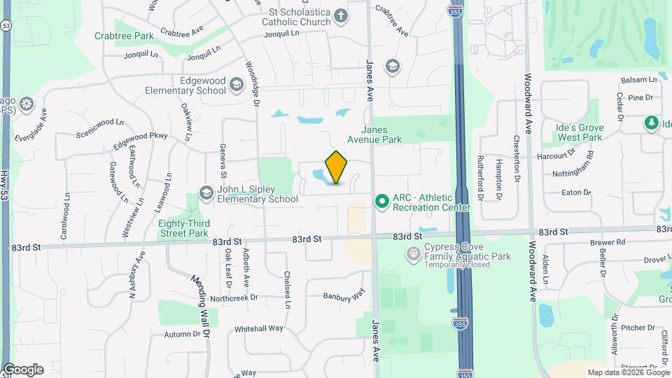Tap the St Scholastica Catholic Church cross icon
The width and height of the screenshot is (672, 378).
(x=340, y=15)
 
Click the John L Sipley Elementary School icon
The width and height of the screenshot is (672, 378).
(x=206, y=192)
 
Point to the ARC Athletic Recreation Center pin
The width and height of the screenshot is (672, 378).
(x=381, y=202)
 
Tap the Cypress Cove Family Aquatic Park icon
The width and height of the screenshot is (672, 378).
(x=413, y=252)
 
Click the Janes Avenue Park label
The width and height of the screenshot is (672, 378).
(x=381, y=134)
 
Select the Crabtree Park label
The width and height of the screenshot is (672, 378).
(x=124, y=35)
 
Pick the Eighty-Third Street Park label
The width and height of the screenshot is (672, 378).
(x=183, y=228)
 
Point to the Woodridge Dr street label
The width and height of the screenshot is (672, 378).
(x=252, y=85)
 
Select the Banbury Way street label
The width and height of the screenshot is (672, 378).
(x=344, y=295)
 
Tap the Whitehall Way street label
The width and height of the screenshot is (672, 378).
(x=258, y=328)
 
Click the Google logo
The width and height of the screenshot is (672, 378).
(x=23, y=370)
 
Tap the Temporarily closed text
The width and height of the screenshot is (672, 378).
(x=458, y=265)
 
